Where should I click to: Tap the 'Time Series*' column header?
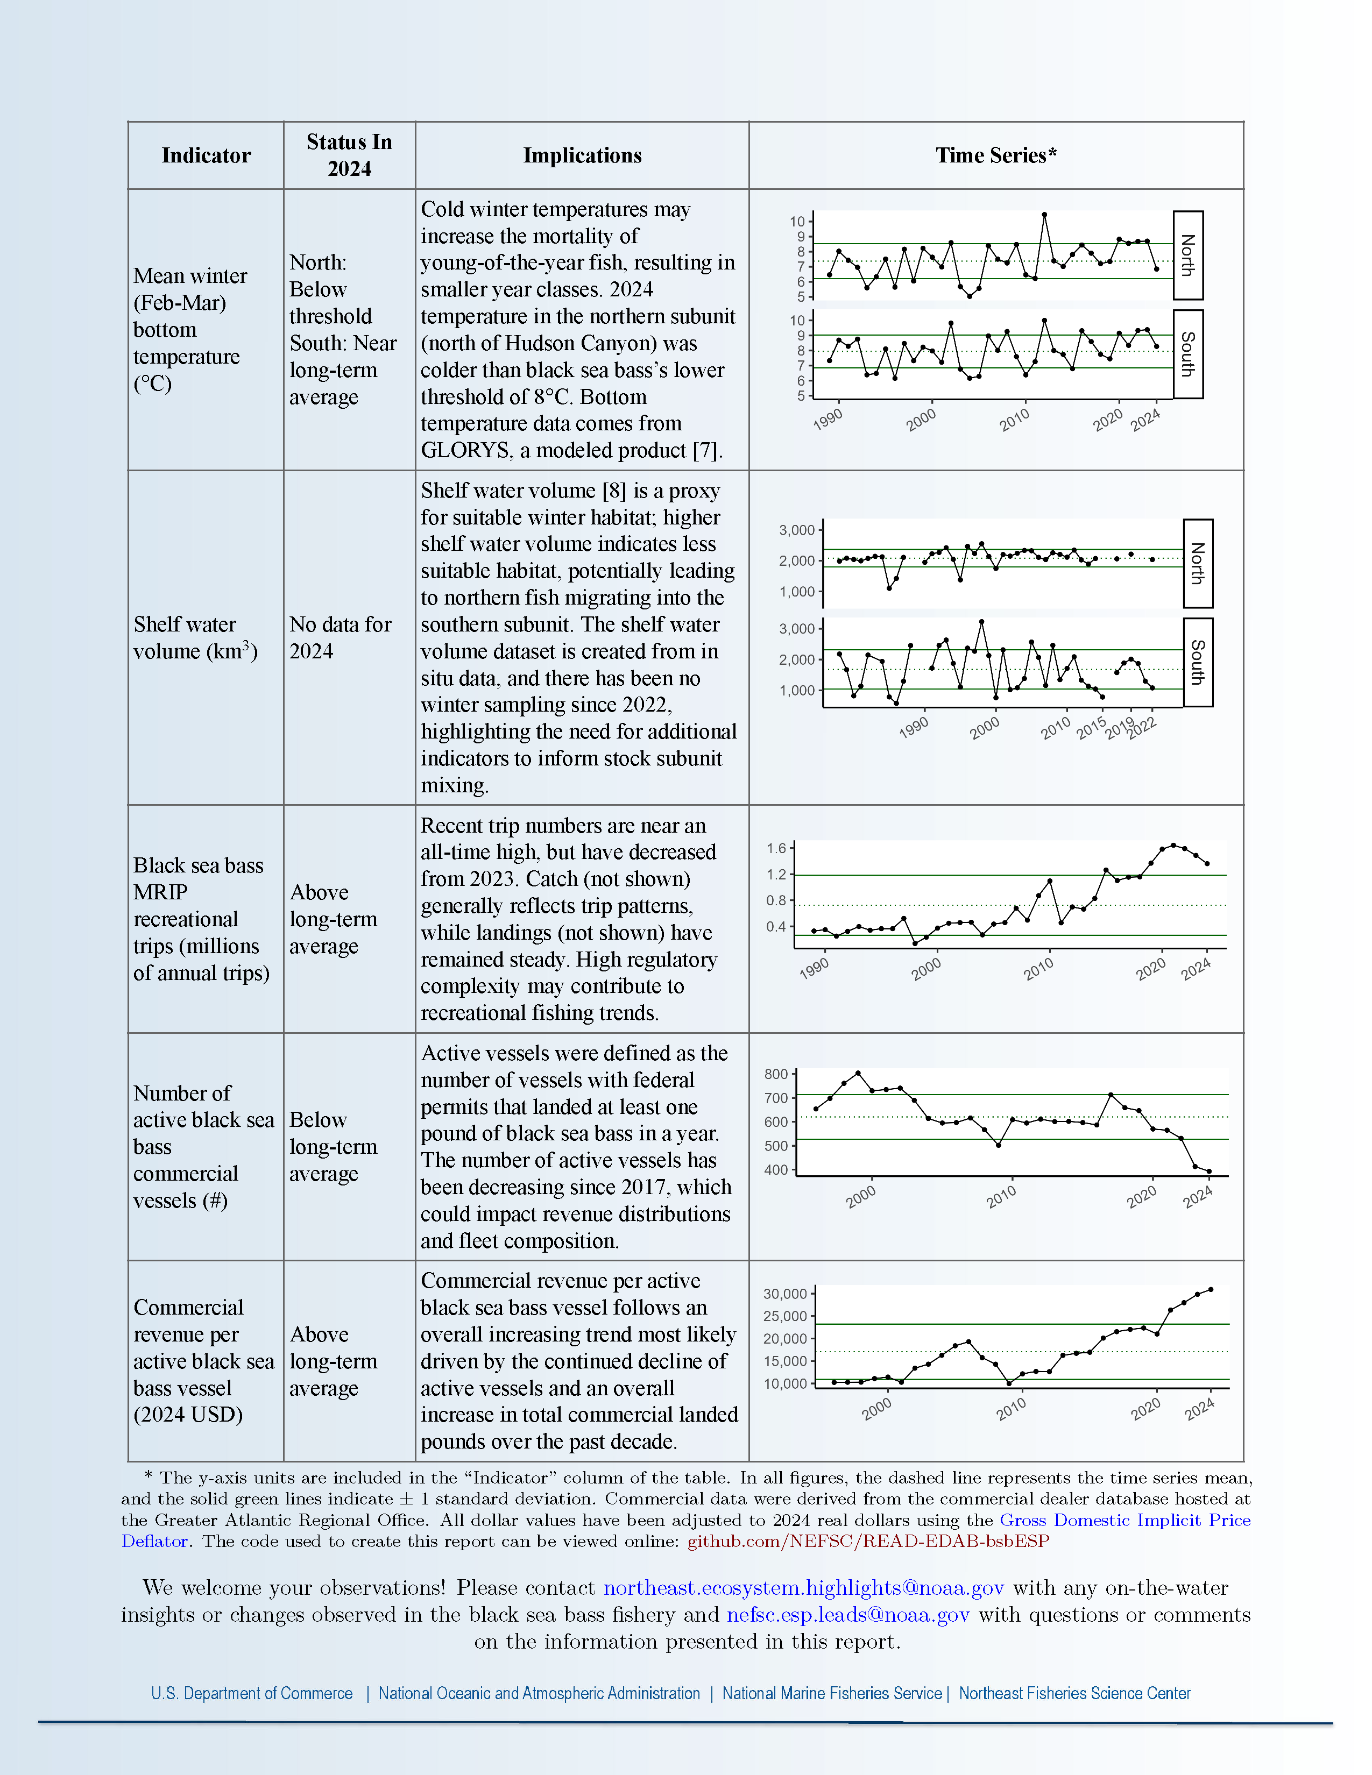pos(996,155)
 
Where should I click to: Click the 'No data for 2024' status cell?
pos(341,637)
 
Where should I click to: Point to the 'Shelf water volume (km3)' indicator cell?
pos(195,637)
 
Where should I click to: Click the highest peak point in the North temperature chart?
pos(1044,215)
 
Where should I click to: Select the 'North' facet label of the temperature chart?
pos(1187,255)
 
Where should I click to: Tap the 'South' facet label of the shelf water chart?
pos(1197,662)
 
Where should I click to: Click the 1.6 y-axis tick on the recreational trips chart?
pos(776,848)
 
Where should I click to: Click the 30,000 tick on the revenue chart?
pos(785,1294)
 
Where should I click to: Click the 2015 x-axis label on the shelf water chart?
pos(1092,727)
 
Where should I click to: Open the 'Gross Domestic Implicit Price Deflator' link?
pos(1125,1520)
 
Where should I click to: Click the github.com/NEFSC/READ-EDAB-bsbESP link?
pos(868,1541)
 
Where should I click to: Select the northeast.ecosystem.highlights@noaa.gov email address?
pos(803,1588)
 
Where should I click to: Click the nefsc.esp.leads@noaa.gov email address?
pos(848,1615)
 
